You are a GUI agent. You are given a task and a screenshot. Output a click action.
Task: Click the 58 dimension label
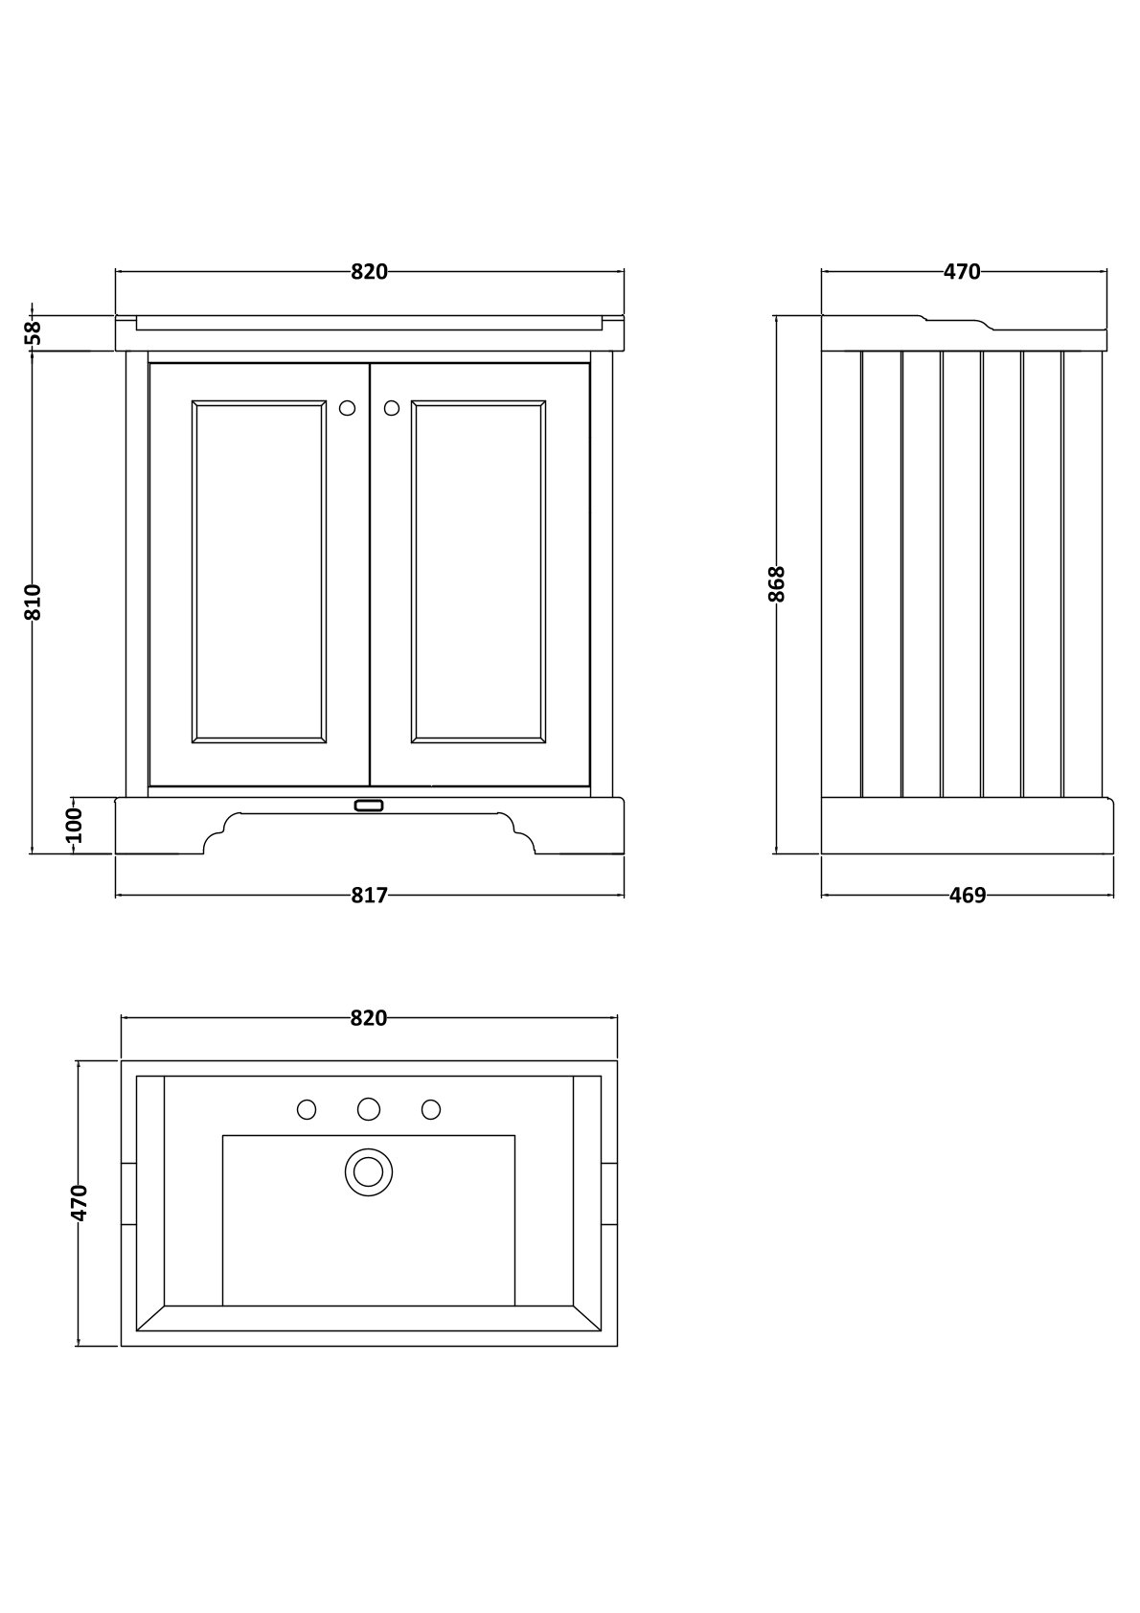(34, 332)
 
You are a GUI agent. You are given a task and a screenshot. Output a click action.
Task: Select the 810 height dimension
(33, 602)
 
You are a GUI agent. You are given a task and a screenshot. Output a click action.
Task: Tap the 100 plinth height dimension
(75, 825)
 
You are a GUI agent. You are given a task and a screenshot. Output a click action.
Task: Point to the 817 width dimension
(369, 896)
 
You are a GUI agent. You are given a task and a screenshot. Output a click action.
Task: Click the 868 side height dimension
(777, 583)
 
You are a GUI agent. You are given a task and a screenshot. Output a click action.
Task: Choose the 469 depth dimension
(967, 896)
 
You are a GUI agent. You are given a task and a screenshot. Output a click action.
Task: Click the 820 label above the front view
(369, 272)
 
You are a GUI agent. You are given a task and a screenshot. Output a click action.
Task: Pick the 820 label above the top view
(369, 1018)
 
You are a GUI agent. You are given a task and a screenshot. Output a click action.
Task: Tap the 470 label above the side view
(962, 272)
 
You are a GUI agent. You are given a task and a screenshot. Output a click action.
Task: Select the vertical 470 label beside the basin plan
(80, 1203)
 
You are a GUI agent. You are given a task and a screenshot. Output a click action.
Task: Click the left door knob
(347, 408)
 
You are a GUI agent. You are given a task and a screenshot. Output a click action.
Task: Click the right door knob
(391, 408)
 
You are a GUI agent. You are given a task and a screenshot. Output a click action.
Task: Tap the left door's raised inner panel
(259, 572)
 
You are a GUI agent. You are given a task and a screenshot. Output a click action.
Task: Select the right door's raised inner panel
(479, 572)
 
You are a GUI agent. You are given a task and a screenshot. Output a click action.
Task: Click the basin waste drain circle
(369, 1171)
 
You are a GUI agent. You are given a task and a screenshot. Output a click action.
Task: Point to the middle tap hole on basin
(369, 1109)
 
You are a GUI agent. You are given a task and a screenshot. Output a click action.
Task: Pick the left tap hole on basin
(307, 1109)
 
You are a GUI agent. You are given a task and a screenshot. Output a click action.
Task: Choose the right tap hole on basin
(431, 1109)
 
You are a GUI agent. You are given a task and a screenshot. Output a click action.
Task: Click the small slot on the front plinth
(369, 806)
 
